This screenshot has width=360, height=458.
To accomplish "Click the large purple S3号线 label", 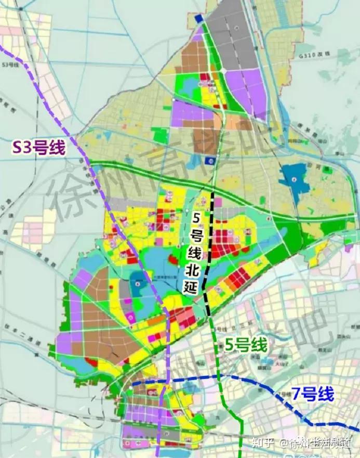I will point(39,148).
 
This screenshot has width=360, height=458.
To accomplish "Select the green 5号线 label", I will point(246,345).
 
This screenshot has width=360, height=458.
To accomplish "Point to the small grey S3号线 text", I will point(11,64).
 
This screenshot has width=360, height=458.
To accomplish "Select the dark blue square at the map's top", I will point(198,19).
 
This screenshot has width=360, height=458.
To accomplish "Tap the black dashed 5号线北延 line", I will point(210,250).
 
